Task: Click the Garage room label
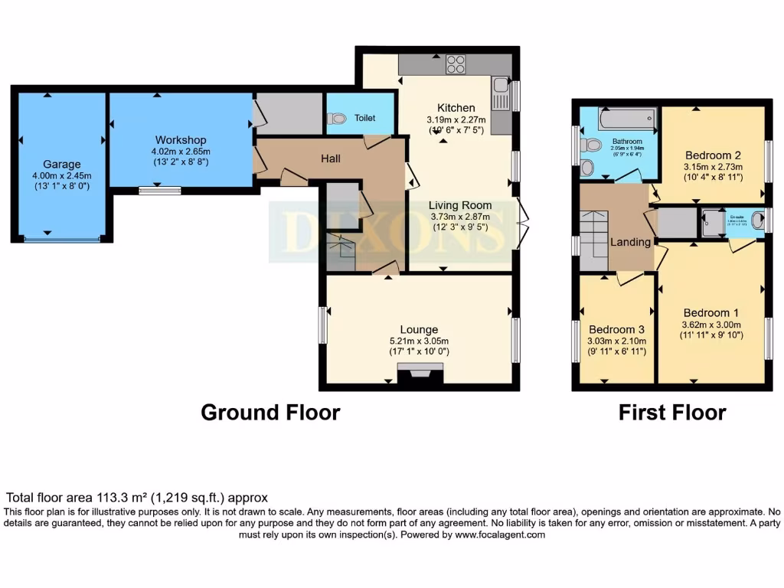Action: (62, 164)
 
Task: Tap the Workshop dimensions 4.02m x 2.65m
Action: (181, 151)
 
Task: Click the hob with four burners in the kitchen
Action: (457, 64)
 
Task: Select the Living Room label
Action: (460, 205)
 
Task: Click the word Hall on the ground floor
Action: (331, 158)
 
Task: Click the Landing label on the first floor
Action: (630, 242)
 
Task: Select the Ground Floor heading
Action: (270, 413)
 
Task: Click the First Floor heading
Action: (672, 413)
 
